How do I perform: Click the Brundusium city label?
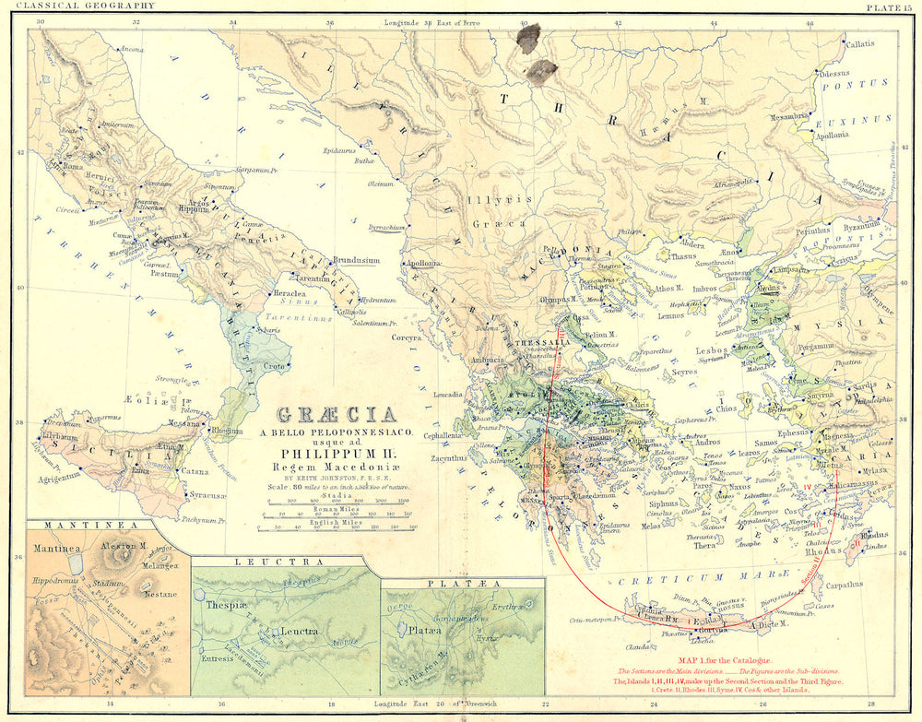tap(356, 261)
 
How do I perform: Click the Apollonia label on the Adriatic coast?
tap(426, 263)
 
